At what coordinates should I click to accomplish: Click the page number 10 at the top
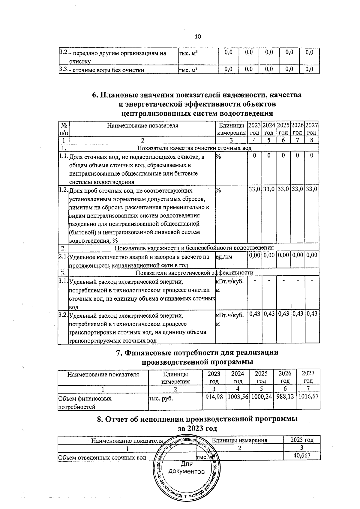pos(198,37)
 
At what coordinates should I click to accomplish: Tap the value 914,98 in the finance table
pos(214,397)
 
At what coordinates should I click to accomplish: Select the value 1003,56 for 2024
pos(238,397)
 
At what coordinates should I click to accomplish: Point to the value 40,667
pos(302,456)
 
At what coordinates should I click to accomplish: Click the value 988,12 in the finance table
pos(285,397)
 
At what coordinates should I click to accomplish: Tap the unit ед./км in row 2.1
pos(224,257)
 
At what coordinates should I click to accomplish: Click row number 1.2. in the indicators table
pos(64,190)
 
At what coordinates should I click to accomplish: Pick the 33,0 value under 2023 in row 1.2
pos(255,190)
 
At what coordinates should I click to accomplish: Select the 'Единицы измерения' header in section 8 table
pos(239,440)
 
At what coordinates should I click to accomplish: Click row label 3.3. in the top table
pos(63,70)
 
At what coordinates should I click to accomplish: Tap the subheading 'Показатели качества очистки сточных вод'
pos(194,148)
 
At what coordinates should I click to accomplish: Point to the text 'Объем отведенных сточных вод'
pos(102,458)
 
